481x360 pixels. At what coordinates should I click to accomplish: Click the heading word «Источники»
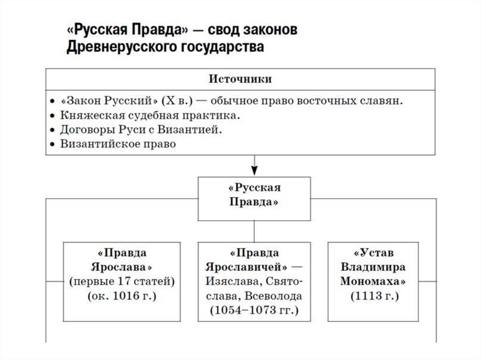pyautogui.click(x=240, y=79)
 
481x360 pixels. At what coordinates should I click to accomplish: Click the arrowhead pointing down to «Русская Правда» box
pyautogui.click(x=254, y=171)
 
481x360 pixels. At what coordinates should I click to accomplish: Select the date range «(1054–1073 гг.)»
pyautogui.click(x=254, y=310)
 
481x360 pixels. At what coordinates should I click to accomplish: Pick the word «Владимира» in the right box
pyautogui.click(x=373, y=267)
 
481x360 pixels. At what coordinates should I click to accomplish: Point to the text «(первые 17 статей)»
pyautogui.click(x=121, y=282)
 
